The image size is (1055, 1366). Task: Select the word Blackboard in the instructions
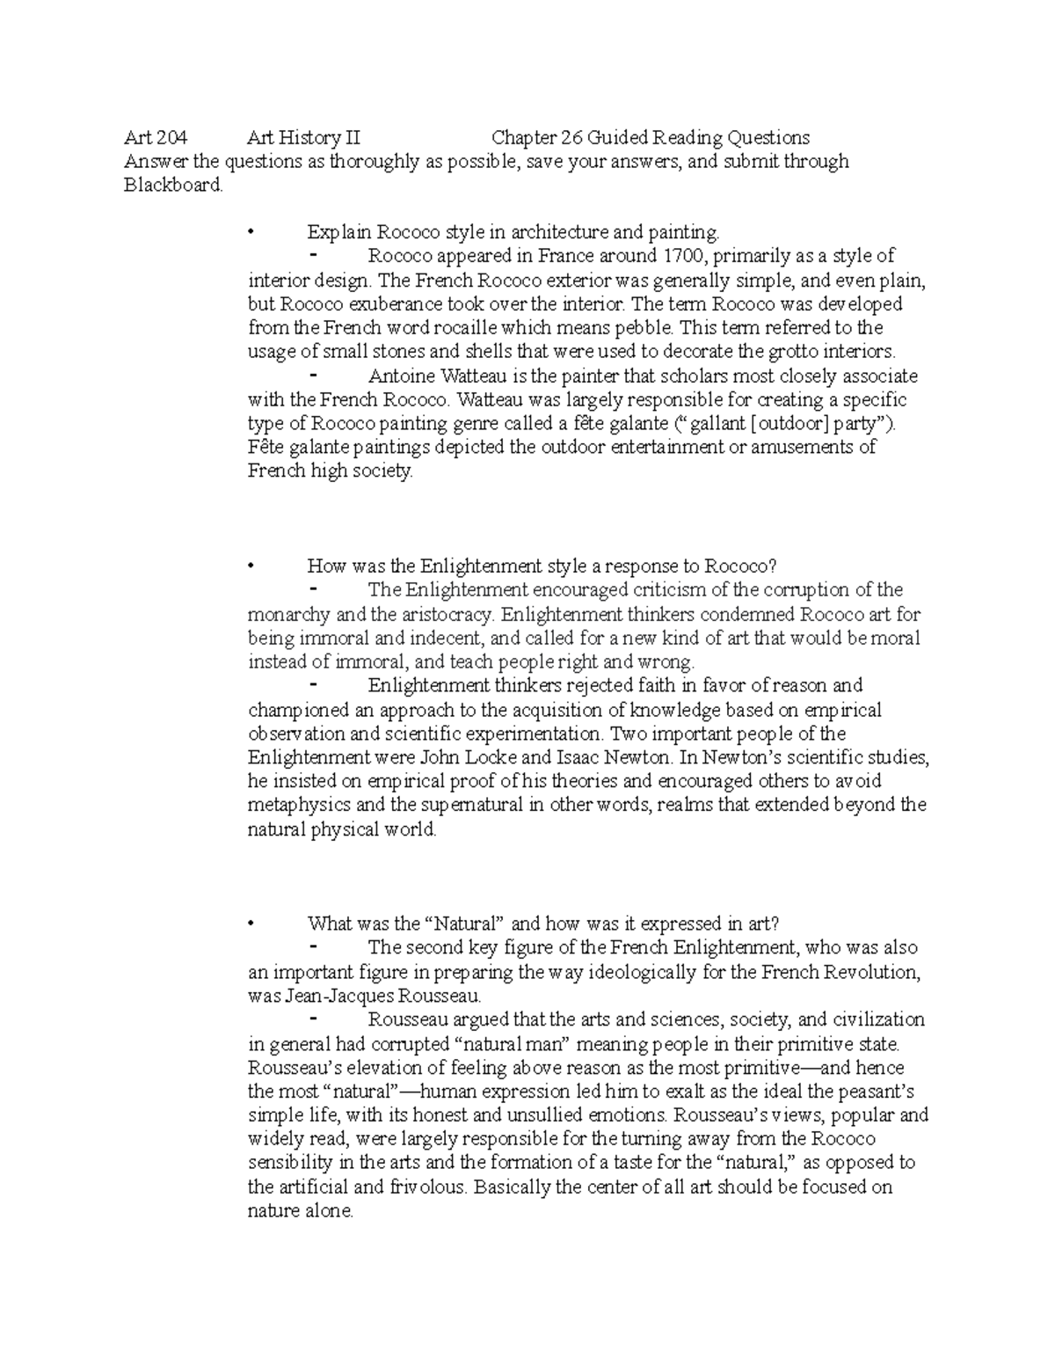[173, 185]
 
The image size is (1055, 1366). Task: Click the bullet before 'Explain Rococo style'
[252, 233]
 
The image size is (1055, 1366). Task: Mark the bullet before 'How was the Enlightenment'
[252, 566]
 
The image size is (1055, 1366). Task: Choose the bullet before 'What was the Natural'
[252, 924]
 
